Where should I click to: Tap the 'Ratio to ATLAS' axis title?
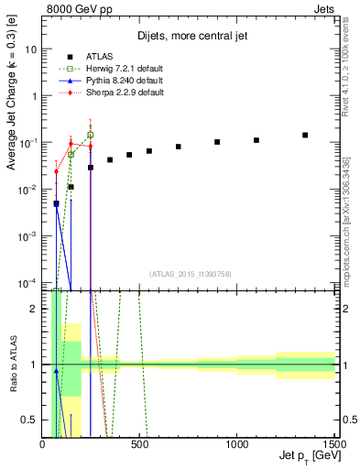click(12, 365)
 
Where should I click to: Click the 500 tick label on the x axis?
click(139, 442)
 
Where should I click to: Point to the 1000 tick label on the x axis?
click(236, 442)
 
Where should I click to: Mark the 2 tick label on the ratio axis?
click(34, 309)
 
